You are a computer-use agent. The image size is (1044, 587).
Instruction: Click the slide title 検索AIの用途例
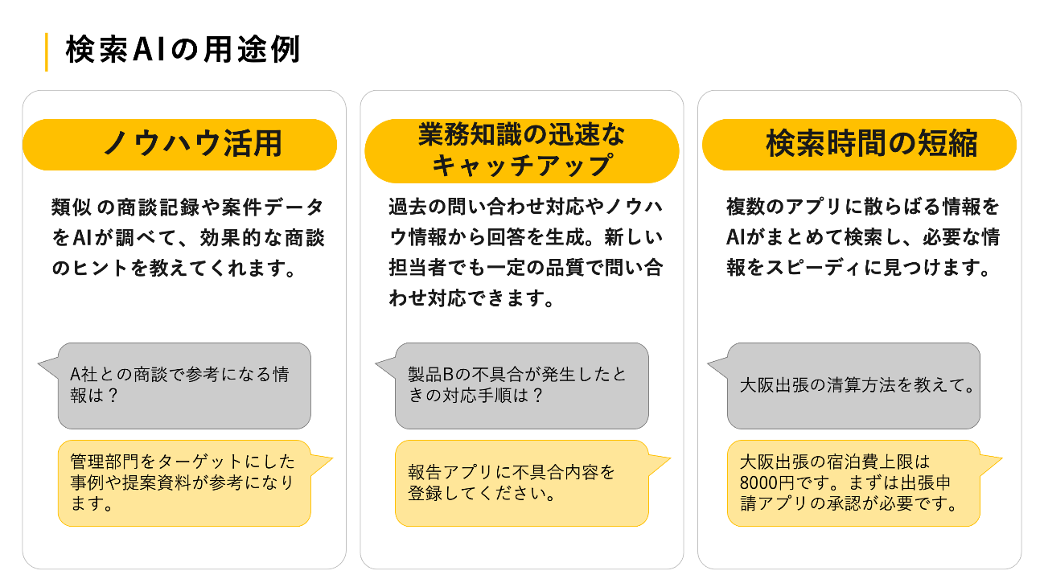[183, 51]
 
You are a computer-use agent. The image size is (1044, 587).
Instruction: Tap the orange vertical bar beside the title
[46, 52]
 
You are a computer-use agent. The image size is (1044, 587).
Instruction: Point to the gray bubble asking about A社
[184, 386]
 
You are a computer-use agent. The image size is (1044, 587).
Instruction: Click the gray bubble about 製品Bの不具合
[521, 386]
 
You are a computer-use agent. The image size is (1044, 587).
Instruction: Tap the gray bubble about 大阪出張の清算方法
[853, 386]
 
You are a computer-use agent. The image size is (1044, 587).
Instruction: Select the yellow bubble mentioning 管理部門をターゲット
[184, 482]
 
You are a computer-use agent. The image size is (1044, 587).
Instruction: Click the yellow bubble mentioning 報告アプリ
[521, 482]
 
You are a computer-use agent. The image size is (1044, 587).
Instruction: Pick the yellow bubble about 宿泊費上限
[853, 482]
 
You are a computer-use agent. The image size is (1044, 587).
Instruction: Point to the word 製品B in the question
[433, 375]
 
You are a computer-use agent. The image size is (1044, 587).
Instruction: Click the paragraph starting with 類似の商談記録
[187, 238]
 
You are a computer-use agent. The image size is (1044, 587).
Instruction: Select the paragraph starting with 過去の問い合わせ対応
[524, 253]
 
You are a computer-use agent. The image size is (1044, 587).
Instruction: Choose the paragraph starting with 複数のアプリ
[862, 238]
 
